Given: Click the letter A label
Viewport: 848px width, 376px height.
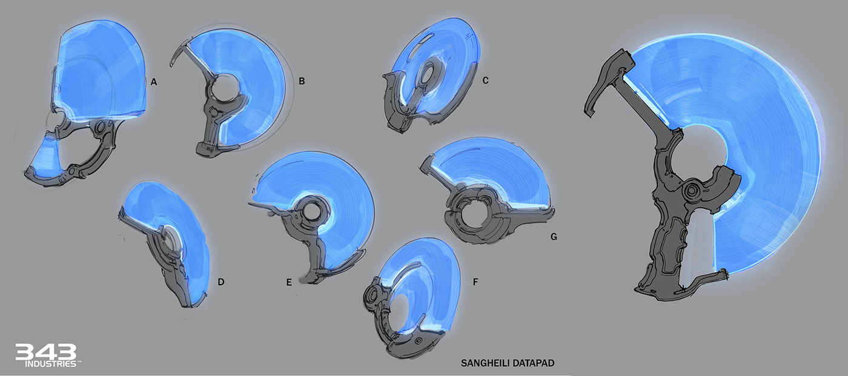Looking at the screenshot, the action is [x=154, y=82].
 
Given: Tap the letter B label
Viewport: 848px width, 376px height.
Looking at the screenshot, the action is [x=302, y=81].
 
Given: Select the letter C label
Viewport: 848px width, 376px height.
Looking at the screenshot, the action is [x=485, y=80].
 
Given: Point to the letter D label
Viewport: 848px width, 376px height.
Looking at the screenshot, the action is [x=221, y=282].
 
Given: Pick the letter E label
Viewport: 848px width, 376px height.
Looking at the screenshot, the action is [x=289, y=283].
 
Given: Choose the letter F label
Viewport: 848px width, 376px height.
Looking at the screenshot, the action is [x=475, y=282].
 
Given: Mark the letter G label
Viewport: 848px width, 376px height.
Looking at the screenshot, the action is [x=554, y=237].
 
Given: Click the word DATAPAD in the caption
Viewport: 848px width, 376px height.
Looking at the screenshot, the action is [x=532, y=363].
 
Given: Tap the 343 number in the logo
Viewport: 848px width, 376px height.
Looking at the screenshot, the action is [x=45, y=352].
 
